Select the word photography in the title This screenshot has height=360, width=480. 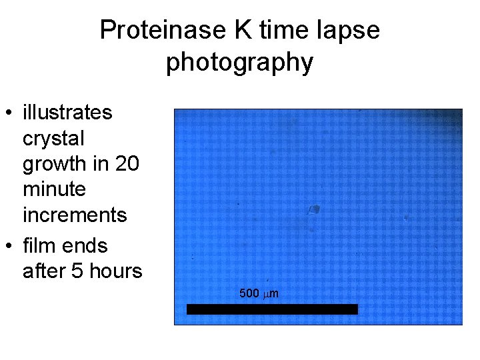(239, 62)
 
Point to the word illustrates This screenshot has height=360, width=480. (67, 113)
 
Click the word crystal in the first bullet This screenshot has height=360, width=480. (53, 139)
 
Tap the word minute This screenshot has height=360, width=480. (54, 189)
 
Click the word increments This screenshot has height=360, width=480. (75, 215)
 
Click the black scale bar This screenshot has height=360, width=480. (272, 309)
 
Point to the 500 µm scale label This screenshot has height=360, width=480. (259, 293)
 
